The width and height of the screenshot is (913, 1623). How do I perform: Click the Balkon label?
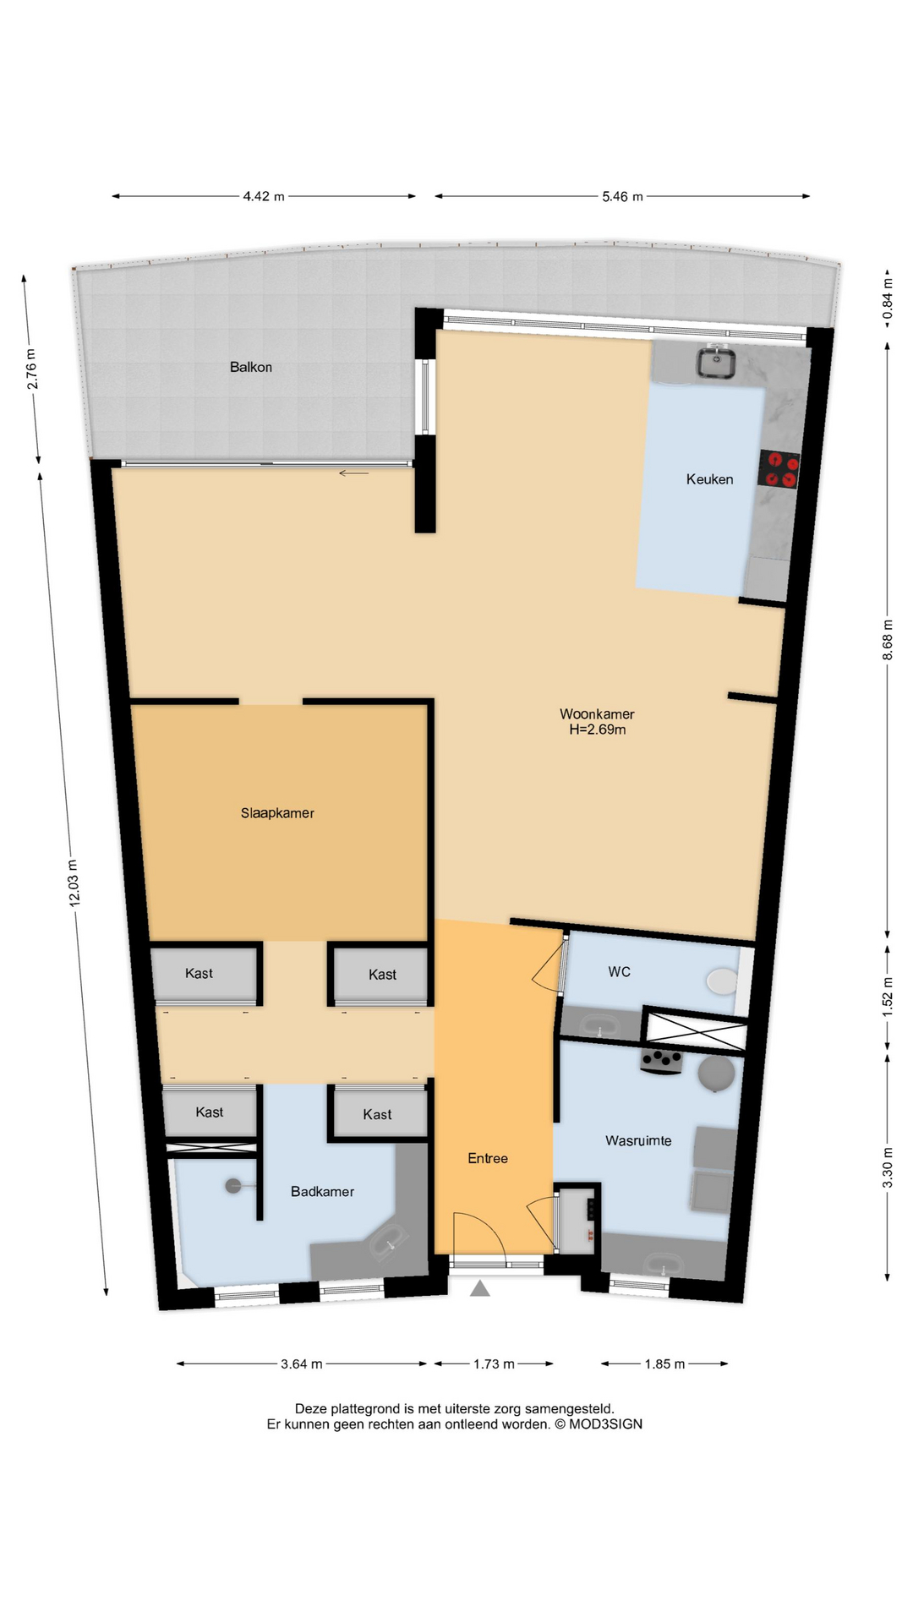coord(251,367)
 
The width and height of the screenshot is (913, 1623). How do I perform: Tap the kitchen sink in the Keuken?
coord(715,363)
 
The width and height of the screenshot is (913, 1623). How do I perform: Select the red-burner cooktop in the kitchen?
coord(779,469)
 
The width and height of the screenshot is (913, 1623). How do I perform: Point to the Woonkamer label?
coord(597,714)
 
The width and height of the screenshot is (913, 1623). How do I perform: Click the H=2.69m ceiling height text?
coord(598,730)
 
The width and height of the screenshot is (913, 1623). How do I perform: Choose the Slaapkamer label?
coord(277,813)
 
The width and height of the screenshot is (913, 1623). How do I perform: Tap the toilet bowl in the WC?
coord(722,981)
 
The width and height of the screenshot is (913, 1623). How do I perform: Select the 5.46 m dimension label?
coord(622,196)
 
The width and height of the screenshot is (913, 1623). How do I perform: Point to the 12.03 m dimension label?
coord(74,883)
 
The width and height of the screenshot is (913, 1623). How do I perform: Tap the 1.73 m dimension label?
coord(494,1363)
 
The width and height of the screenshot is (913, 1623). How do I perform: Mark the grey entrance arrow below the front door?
coord(479,1288)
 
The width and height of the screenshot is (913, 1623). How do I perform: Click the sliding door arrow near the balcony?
coord(354,473)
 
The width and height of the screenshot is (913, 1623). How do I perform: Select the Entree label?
coord(488,1159)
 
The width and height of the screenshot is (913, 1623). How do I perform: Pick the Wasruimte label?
coord(638,1141)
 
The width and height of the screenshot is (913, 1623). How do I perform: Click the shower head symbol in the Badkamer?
coord(234,1187)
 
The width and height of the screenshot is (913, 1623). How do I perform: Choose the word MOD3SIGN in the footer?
coord(605,1424)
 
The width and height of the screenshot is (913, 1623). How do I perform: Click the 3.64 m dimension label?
coord(302,1363)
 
